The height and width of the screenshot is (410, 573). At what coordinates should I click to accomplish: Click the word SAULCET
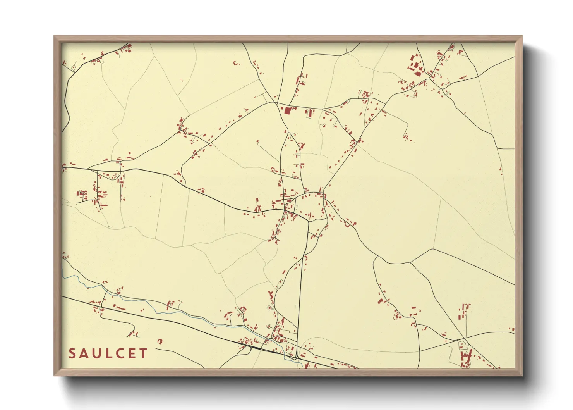(108, 353)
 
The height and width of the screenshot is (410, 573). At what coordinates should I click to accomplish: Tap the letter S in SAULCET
(72, 353)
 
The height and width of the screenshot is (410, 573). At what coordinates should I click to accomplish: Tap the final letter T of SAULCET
(144, 353)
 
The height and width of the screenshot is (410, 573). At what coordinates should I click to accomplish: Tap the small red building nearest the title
(160, 341)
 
